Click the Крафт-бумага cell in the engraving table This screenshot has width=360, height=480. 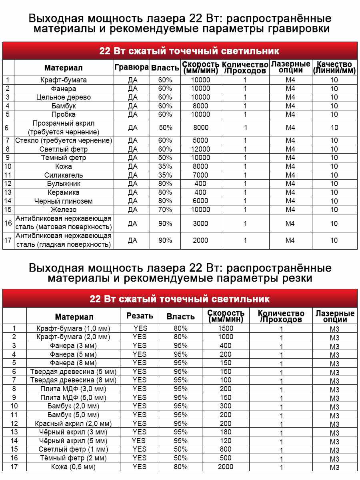[x=64, y=80]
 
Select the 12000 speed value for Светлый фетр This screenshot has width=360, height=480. [x=200, y=149]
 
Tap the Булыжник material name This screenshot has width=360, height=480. [x=64, y=184]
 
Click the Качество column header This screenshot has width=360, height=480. [x=334, y=68]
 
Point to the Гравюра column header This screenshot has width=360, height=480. [x=132, y=67]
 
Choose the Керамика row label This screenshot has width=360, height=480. [x=64, y=192]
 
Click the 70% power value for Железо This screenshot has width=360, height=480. [x=165, y=210]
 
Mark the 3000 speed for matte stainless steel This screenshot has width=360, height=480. [x=200, y=224]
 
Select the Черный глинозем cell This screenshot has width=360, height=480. [x=64, y=201]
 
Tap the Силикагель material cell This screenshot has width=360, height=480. [x=64, y=175]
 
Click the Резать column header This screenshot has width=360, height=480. [x=140, y=316]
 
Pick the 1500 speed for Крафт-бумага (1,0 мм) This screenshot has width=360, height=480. [x=226, y=328]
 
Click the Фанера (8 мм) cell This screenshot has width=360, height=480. [x=73, y=363]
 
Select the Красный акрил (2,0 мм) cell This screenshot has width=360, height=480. [x=73, y=424]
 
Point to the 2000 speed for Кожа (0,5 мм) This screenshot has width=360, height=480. [x=226, y=467]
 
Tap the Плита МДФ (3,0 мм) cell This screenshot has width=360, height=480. [x=73, y=389]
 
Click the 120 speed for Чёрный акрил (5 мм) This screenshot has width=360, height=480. [x=226, y=441]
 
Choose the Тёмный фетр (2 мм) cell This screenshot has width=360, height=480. [x=73, y=458]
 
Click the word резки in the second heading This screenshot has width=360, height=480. [x=296, y=278]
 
